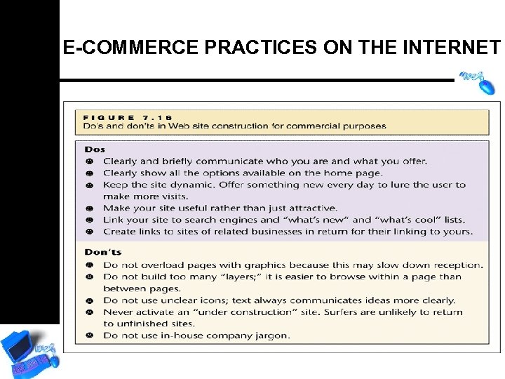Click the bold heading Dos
click(94, 149)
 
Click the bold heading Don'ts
click(102, 252)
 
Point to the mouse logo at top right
click(478, 80)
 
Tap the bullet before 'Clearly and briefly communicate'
click(90, 161)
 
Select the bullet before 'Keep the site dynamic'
click(90, 185)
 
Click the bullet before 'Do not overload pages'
click(90, 265)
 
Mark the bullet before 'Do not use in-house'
click(90, 335)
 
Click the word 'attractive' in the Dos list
click(309, 208)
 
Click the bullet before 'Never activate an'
click(90, 312)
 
